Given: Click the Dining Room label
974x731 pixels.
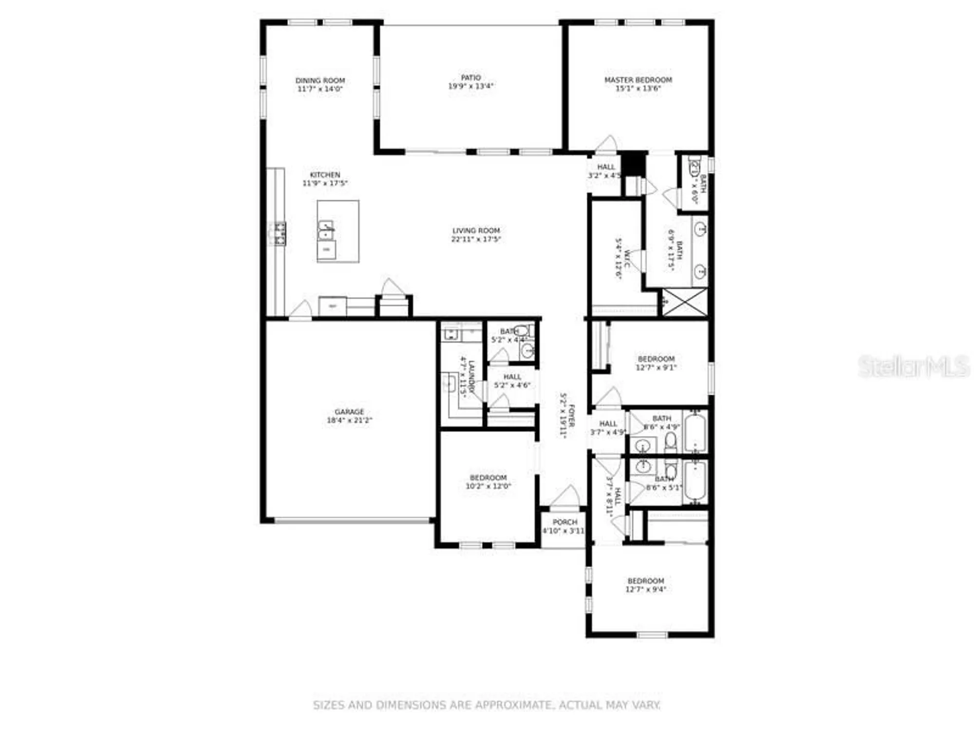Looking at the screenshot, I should coord(320,80).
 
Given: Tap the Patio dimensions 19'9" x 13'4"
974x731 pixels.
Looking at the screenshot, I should coord(470,86).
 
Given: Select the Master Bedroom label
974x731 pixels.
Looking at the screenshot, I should coord(638,80).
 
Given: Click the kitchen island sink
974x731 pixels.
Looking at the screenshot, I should coord(325,230).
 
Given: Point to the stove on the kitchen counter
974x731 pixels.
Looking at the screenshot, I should coord(279,233).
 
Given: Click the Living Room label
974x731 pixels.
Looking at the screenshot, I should coord(476,231).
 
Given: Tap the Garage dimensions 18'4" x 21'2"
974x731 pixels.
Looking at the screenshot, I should coord(349,420).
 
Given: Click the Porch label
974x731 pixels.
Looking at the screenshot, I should coord(564,522).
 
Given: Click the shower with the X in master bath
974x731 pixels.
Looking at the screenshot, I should coord(684,302).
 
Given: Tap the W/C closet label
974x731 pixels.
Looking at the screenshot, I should coord(627,258).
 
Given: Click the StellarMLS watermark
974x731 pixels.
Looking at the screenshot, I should coord(913,366).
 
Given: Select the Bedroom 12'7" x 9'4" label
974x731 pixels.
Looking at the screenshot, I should coord(646,581).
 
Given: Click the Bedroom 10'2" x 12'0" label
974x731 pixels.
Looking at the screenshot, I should coord(488,478).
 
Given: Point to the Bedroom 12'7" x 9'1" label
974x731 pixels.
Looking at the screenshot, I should coord(656,359).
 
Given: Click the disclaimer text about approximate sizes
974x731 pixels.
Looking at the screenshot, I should coord(486,705).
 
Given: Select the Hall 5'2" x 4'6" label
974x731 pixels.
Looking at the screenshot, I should coord(512,377).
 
